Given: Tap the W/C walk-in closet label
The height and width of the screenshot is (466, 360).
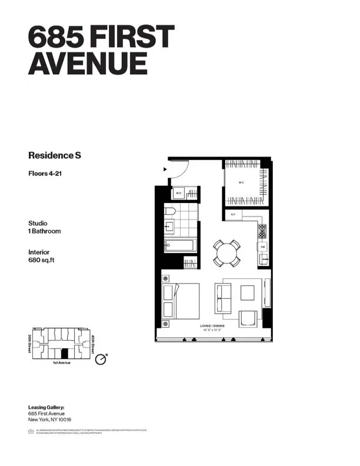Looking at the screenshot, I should coord(241,182).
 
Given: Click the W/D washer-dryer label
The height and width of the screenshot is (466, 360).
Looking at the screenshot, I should coord(179,194).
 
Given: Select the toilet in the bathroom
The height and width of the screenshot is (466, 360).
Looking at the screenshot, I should coord(169,211).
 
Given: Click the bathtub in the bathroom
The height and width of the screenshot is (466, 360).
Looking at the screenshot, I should coord(179,245).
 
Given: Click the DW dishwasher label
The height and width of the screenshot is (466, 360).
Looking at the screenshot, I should coord(264,248).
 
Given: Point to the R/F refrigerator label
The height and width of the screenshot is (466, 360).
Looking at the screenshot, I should coord(233,214).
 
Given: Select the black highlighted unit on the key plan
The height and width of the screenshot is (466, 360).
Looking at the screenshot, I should coord(65,354).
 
